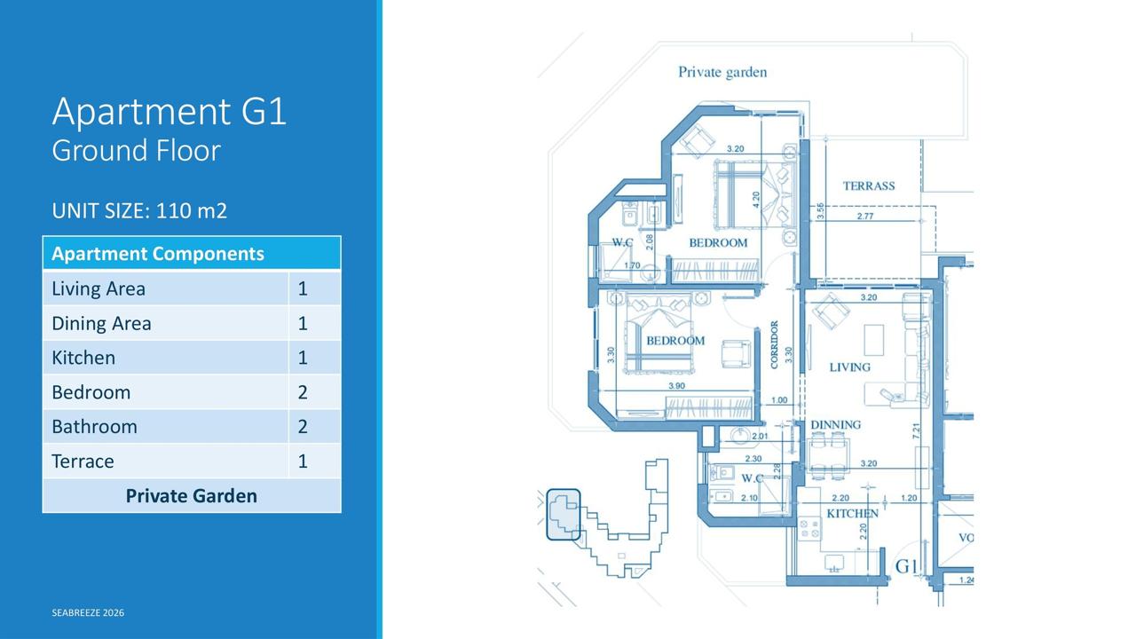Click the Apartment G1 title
click(x=170, y=111)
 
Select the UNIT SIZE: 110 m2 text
click(x=139, y=211)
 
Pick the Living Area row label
click(x=99, y=288)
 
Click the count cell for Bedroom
click(x=303, y=392)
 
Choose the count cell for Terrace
click(x=303, y=461)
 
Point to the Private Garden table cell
click(x=192, y=495)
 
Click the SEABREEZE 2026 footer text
click(x=88, y=612)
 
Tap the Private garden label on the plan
click(x=722, y=73)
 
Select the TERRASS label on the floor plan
click(x=869, y=186)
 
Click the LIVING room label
click(x=849, y=367)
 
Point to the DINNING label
click(x=836, y=424)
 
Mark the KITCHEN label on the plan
click(x=853, y=513)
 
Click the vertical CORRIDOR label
click(x=774, y=344)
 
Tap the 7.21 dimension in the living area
click(x=916, y=430)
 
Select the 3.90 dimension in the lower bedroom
click(x=676, y=386)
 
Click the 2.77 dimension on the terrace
click(x=865, y=216)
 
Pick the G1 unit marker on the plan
click(x=906, y=566)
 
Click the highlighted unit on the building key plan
click(x=563, y=514)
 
